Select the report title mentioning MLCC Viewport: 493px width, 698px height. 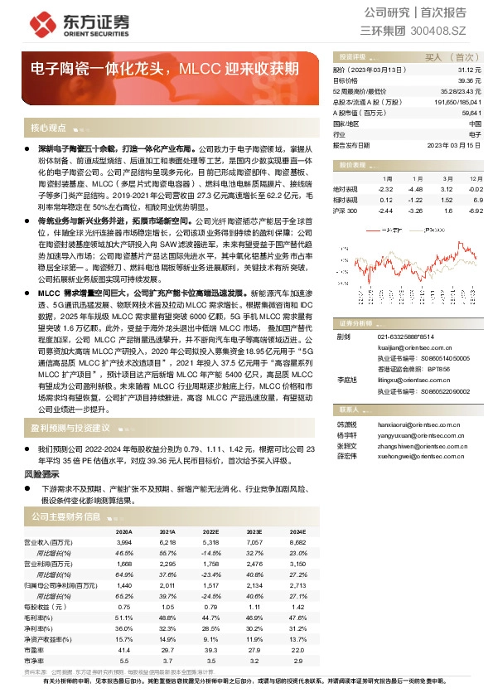pyautogui.click(x=165, y=67)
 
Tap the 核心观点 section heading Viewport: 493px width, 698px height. pyautogui.click(x=48, y=128)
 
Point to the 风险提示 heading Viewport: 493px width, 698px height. pyautogui.click(x=41, y=473)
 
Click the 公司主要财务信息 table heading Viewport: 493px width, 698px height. pyautogui.click(x=65, y=516)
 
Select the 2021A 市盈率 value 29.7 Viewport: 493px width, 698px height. pyautogui.click(x=167, y=650)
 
